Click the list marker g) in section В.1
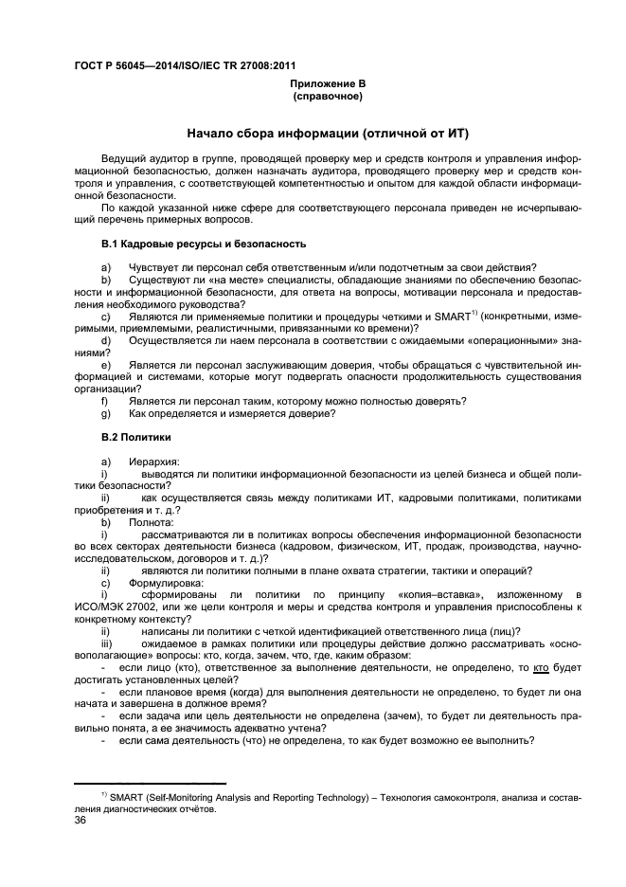click(106, 413)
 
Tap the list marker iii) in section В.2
click(107, 643)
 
